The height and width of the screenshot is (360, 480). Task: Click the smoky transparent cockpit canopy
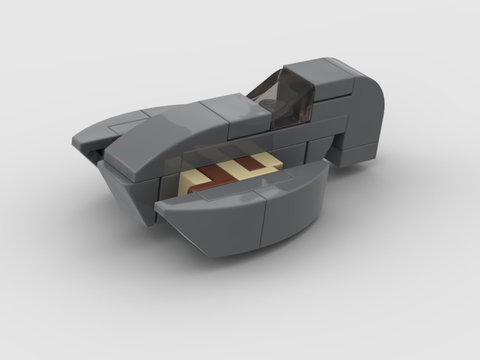(x=288, y=98)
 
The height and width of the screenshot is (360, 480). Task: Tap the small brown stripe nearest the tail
(x=250, y=163)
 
